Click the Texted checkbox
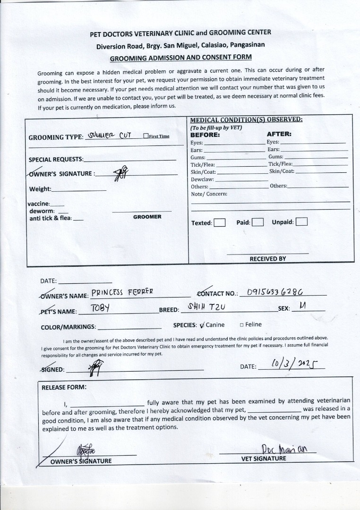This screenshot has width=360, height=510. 219,223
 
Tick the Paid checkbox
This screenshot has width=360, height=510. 257,222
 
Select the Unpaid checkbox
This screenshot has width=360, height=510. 301,222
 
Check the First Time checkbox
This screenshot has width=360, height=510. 146,136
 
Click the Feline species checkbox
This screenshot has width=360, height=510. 241,325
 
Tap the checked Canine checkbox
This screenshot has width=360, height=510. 202,325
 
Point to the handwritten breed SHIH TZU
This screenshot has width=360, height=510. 206,307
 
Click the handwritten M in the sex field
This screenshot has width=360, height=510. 302,306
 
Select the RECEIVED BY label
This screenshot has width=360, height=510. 267,259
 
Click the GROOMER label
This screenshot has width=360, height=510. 147,217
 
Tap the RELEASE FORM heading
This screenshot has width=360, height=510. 64,387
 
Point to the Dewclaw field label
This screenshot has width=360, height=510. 202,179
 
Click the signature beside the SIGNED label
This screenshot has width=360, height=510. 96,367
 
